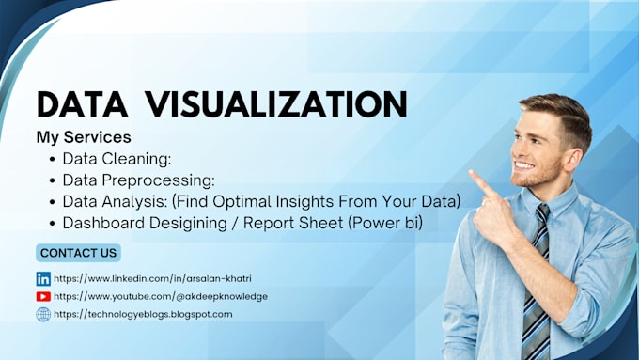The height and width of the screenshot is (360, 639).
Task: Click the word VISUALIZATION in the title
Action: (295, 104)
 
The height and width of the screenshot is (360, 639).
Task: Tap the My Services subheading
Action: (83, 137)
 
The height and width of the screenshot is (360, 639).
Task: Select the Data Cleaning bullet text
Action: (117, 158)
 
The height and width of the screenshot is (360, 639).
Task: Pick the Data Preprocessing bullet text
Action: (139, 180)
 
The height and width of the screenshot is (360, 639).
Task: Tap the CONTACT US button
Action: (79, 253)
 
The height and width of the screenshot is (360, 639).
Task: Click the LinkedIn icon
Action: (43, 279)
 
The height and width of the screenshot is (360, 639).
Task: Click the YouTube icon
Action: (43, 296)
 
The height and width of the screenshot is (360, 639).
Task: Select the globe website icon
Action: (43, 314)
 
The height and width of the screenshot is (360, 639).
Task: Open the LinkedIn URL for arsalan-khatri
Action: (152, 279)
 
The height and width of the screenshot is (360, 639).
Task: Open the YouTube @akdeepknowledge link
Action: (160, 296)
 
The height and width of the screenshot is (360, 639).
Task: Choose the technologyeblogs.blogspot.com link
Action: (143, 314)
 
